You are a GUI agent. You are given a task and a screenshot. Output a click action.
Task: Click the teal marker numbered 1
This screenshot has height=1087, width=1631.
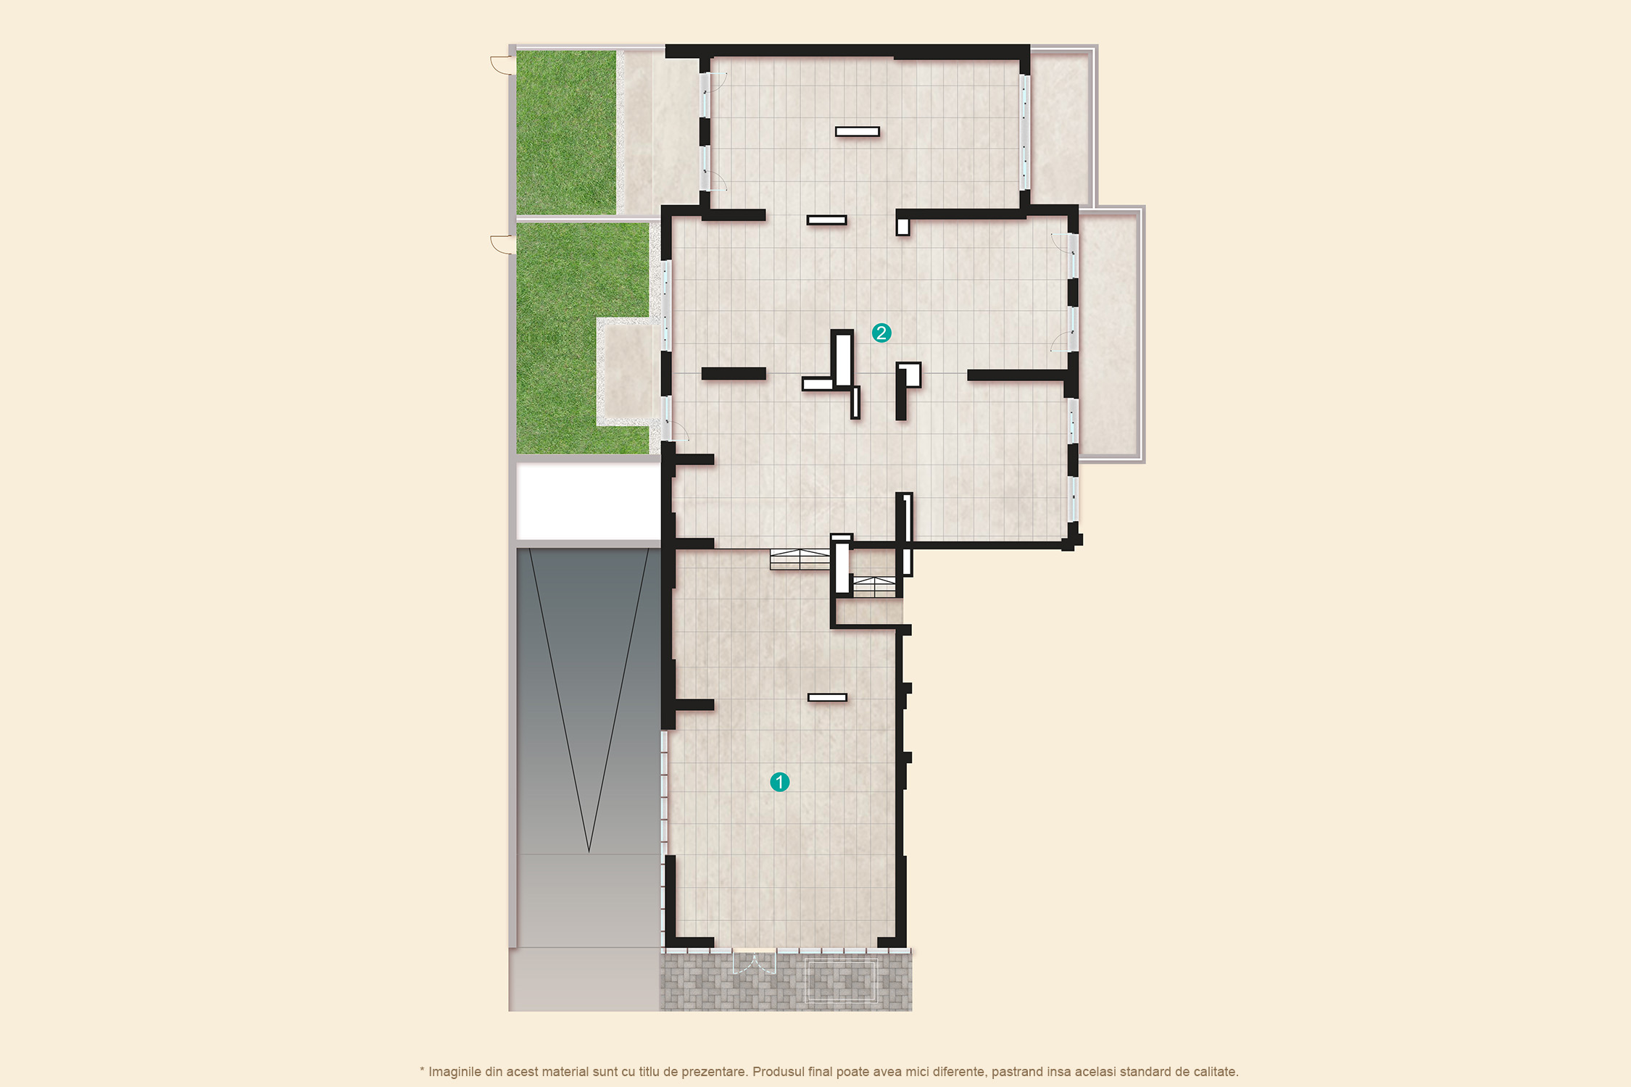coord(779,782)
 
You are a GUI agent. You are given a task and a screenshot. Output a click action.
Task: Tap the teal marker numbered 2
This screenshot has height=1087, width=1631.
coord(881,333)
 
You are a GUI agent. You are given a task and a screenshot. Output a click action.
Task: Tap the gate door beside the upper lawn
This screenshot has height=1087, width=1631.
coord(503,65)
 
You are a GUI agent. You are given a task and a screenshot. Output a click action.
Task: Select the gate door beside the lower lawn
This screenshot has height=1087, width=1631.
coord(503,244)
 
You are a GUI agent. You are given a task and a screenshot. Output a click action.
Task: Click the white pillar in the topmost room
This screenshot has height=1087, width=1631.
coord(858,132)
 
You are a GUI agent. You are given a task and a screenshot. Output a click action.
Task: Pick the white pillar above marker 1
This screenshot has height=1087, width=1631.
coord(827,697)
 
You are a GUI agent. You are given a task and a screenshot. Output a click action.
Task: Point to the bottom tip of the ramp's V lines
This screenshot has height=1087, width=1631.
coord(589,851)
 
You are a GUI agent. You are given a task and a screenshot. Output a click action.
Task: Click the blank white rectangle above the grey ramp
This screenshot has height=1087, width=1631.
coord(588,501)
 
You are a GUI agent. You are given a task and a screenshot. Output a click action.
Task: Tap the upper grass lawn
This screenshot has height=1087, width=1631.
coord(566,132)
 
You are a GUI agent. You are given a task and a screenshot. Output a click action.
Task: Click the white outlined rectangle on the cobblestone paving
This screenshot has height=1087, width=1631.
coord(842,980)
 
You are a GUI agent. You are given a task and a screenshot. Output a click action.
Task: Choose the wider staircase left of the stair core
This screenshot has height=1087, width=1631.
coord(800,559)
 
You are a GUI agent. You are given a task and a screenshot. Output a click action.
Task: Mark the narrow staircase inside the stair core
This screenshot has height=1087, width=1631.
coord(874,586)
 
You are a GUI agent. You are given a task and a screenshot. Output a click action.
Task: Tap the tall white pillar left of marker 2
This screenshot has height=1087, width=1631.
coord(843,359)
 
